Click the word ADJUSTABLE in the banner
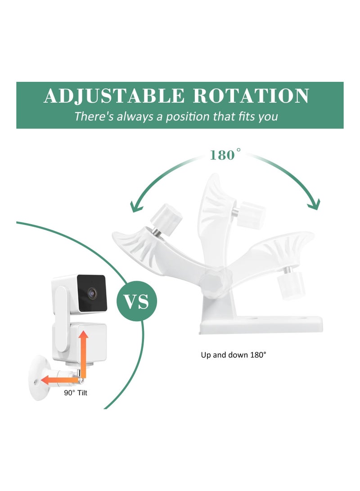114,96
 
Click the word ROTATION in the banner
251,96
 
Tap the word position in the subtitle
188,117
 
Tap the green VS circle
137,301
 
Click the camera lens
92,293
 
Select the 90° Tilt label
76,393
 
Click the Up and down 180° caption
234,355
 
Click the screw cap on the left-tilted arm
166,219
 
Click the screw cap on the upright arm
251,215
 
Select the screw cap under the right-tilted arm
292,284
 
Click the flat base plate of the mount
261,324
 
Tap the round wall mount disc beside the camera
40,377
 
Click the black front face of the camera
92,293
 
